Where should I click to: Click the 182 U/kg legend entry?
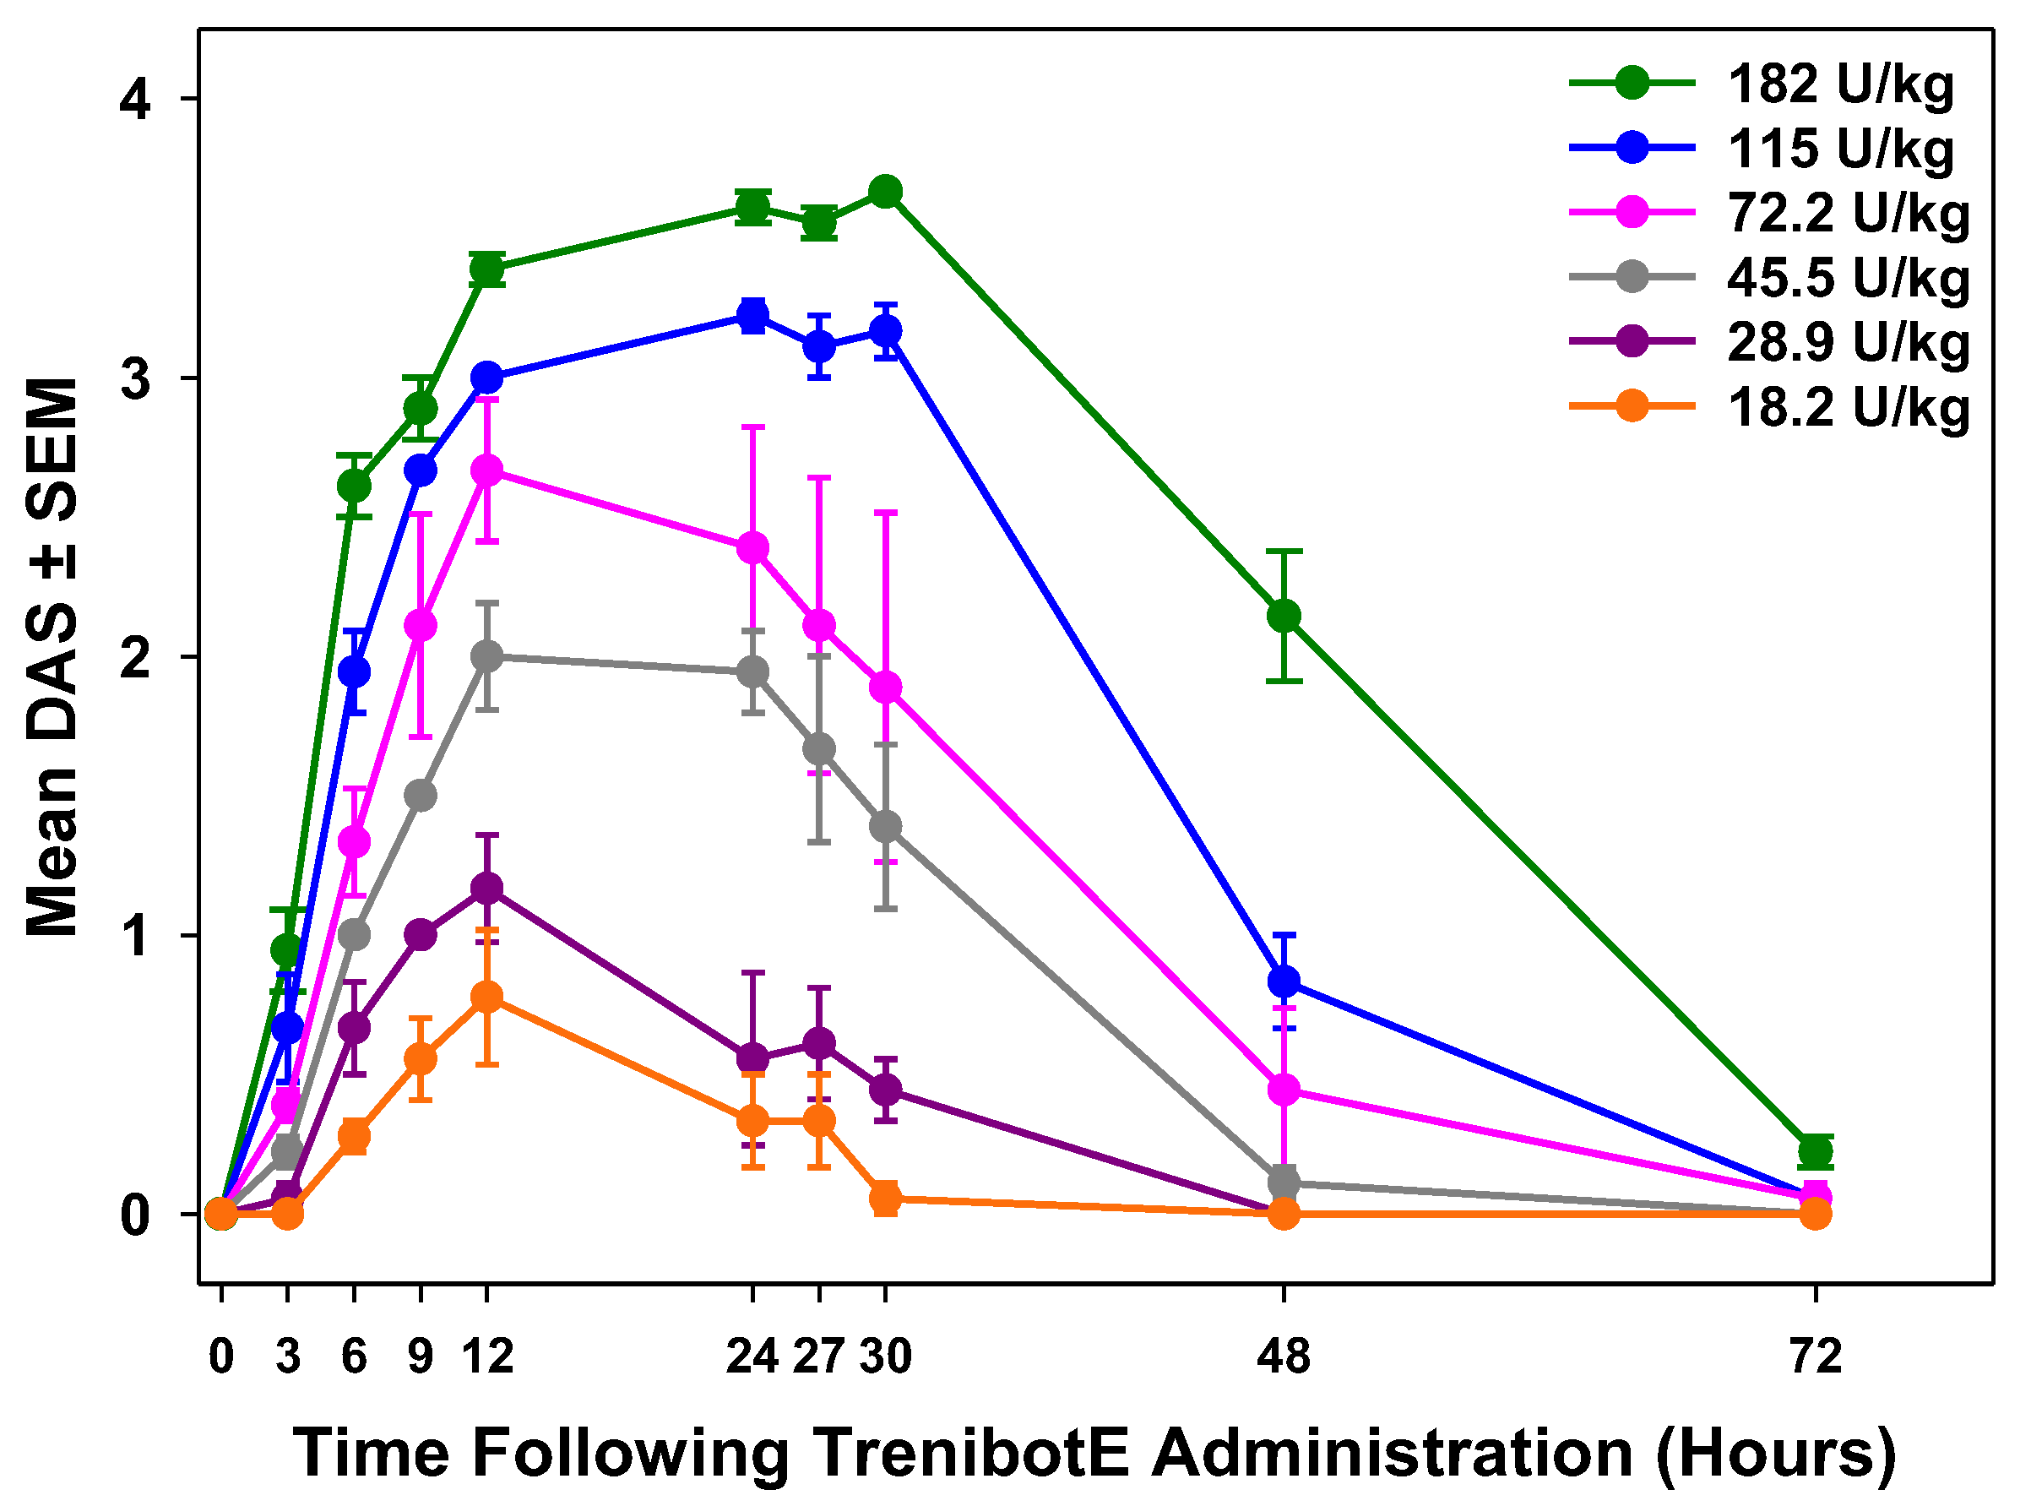[x=1838, y=84]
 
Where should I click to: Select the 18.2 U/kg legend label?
[x=1847, y=407]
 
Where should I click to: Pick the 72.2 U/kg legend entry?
[x=1847, y=214]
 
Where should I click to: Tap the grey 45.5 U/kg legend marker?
[x=1632, y=277]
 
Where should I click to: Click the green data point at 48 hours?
[x=1284, y=617]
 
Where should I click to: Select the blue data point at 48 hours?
[x=1284, y=981]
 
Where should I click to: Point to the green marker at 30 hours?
[x=885, y=192]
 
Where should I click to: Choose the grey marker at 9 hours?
[x=421, y=796]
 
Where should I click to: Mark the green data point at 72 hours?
[x=1815, y=1152]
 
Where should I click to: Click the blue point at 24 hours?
[x=752, y=315]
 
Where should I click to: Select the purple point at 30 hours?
[x=885, y=1090]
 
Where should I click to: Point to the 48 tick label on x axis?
[x=1284, y=1357]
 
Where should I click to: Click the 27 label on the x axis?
[x=817, y=1357]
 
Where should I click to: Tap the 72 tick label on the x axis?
[x=1815, y=1357]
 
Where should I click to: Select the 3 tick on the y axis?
[x=136, y=378]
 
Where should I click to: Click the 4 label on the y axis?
[x=136, y=99]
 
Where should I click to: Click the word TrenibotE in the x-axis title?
[x=971, y=1453]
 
